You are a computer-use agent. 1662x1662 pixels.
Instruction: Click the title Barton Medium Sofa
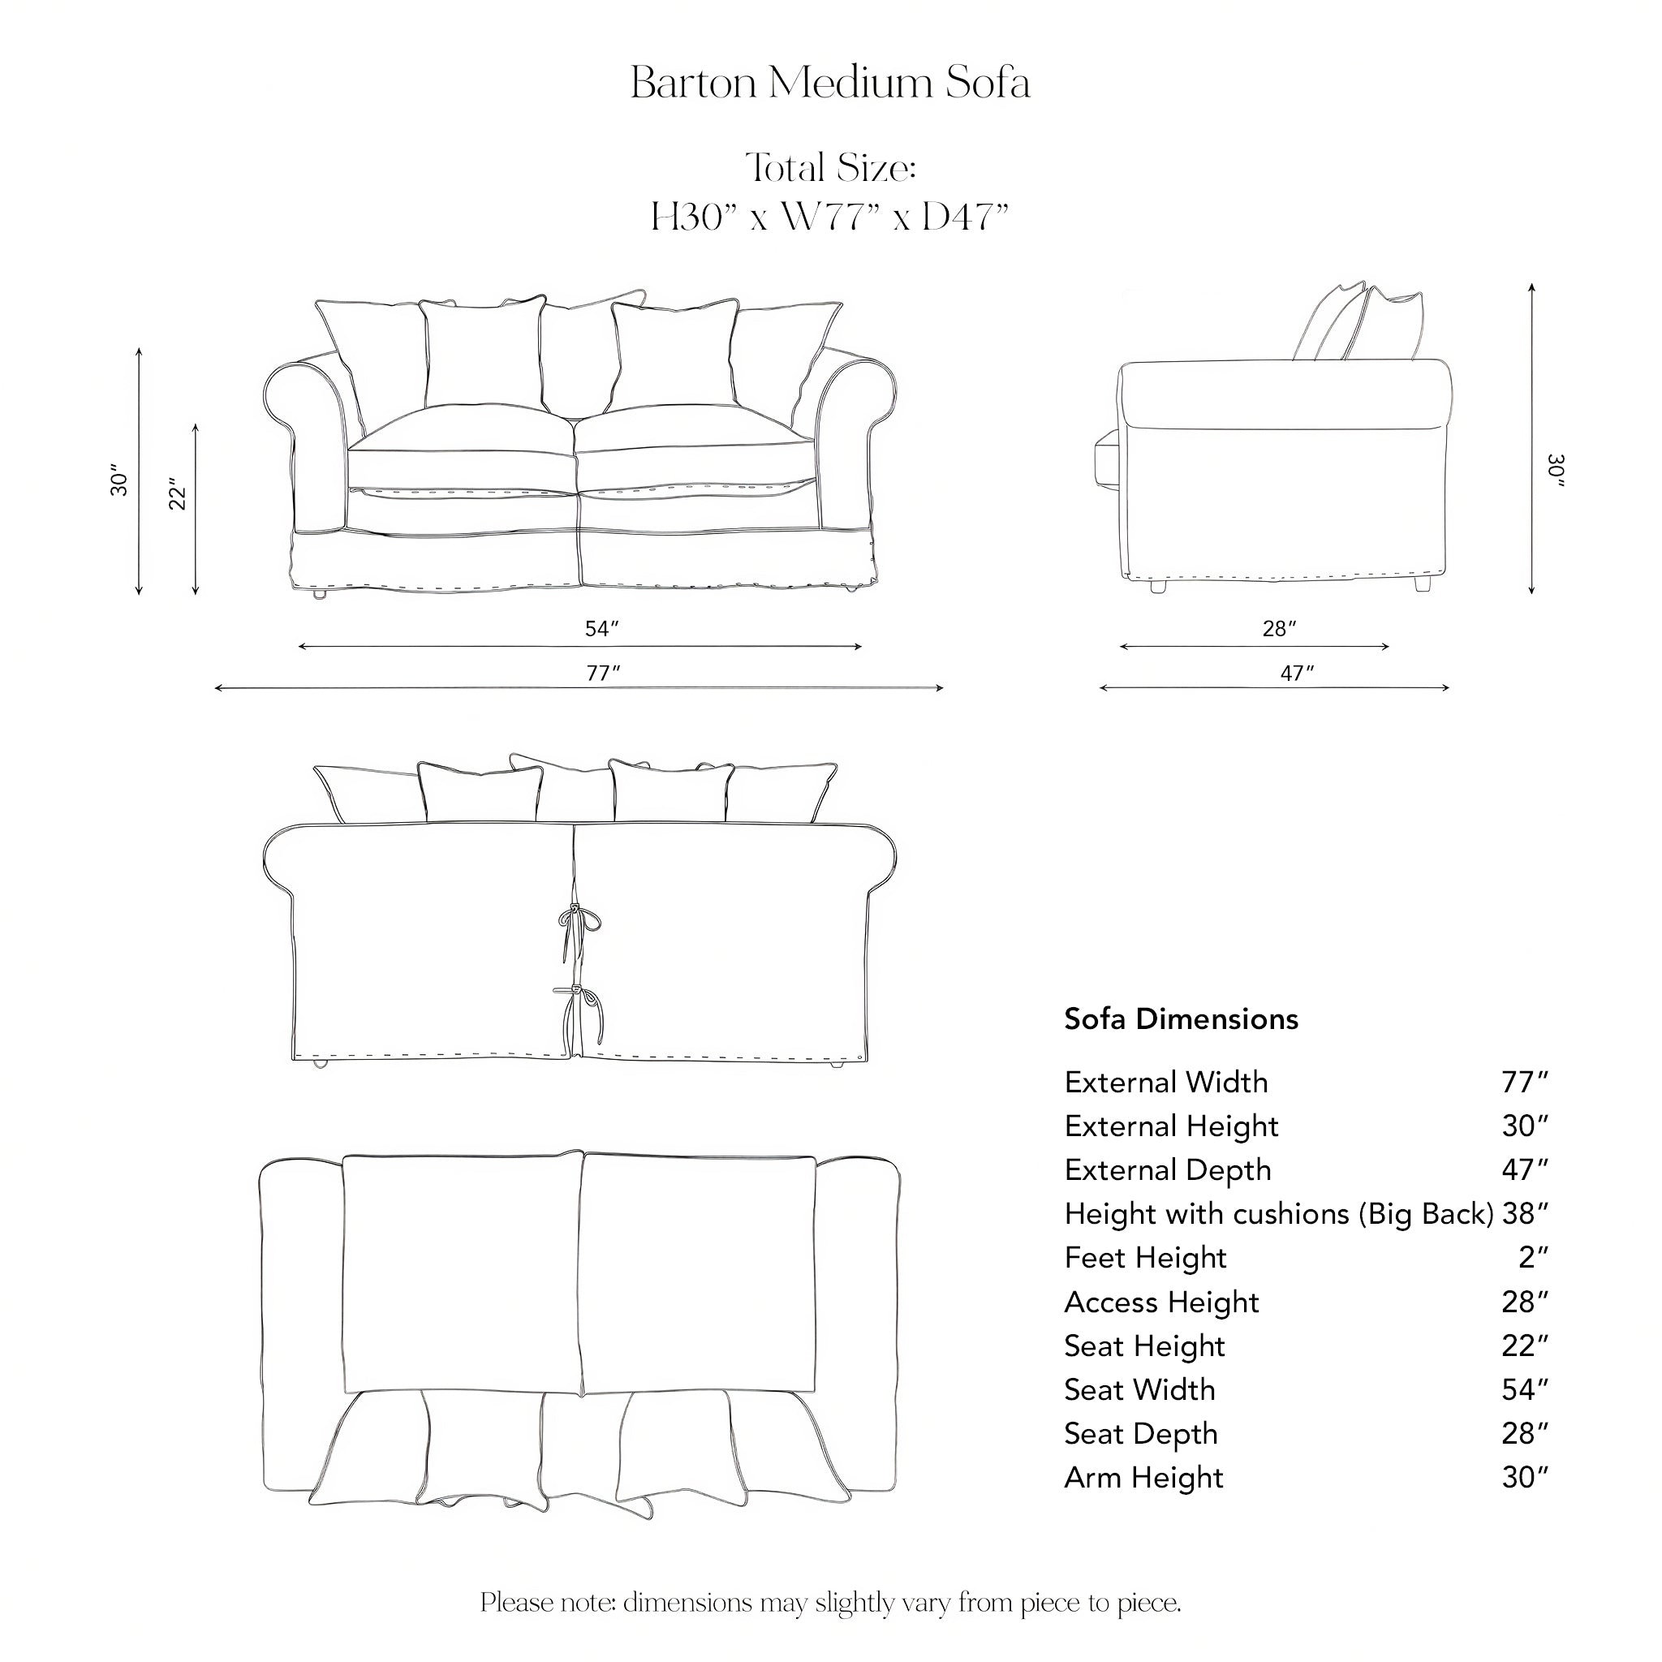coord(830,84)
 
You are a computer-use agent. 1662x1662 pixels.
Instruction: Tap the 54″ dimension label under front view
coord(602,629)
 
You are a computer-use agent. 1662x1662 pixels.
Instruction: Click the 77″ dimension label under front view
coord(602,674)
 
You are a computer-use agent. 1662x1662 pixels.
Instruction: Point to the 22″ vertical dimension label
coord(178,493)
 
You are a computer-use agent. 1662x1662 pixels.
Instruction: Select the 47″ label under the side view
coord(1296,673)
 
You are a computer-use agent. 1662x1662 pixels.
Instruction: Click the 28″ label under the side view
coord(1279,629)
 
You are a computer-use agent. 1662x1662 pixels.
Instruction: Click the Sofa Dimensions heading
coord(1181,1018)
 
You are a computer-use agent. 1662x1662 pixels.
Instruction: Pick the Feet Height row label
coord(1145,1258)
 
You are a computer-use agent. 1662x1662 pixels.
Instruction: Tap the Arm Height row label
coord(1143,1477)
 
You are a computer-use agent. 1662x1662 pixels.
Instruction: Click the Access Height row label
coord(1161,1302)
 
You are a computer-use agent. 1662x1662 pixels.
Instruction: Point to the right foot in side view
coord(1422,585)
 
